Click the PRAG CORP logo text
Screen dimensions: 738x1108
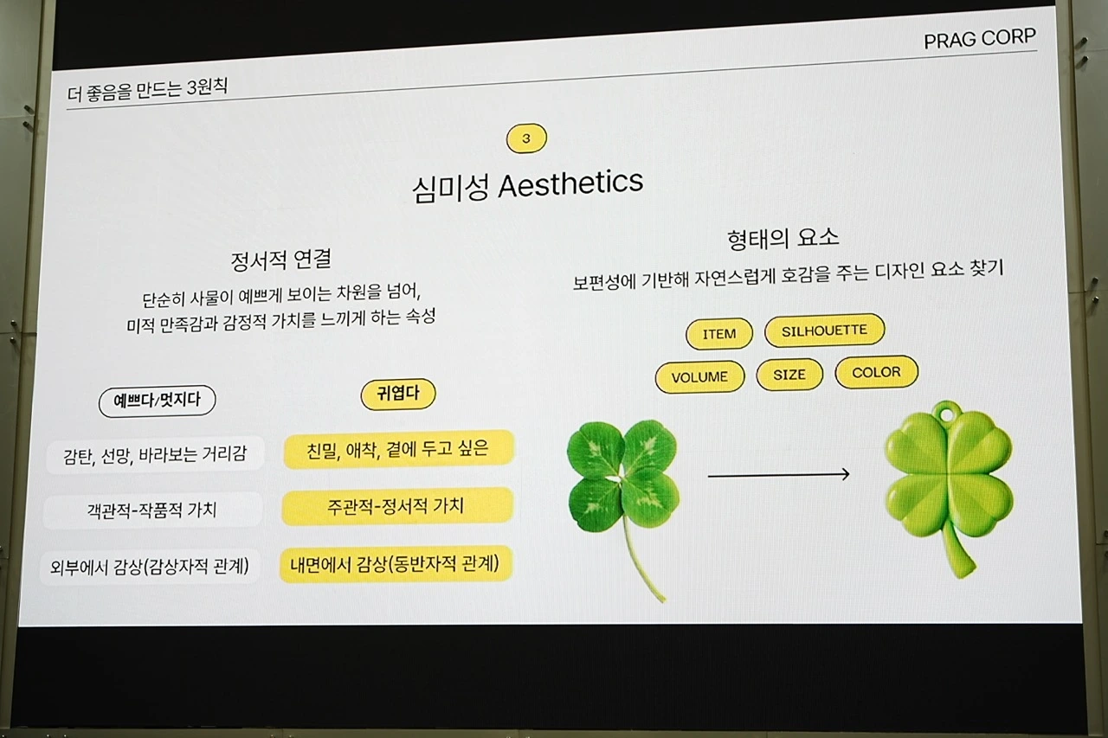979,40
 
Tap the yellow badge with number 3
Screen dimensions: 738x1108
526,138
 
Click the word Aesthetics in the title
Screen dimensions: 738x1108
570,183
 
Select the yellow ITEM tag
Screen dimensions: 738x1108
719,334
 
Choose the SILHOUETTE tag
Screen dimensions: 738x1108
824,330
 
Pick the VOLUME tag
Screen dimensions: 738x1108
699,377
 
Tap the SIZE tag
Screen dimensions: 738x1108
789,375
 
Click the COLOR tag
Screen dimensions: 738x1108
876,372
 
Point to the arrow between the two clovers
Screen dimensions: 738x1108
778,474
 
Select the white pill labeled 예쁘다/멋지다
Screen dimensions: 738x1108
157,401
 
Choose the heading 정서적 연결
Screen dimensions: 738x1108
280,260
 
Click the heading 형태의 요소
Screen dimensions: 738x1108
784,239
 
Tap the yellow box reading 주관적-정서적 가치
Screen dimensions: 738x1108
396,506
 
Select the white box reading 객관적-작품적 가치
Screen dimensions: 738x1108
152,510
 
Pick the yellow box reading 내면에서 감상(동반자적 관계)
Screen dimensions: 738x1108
396,564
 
